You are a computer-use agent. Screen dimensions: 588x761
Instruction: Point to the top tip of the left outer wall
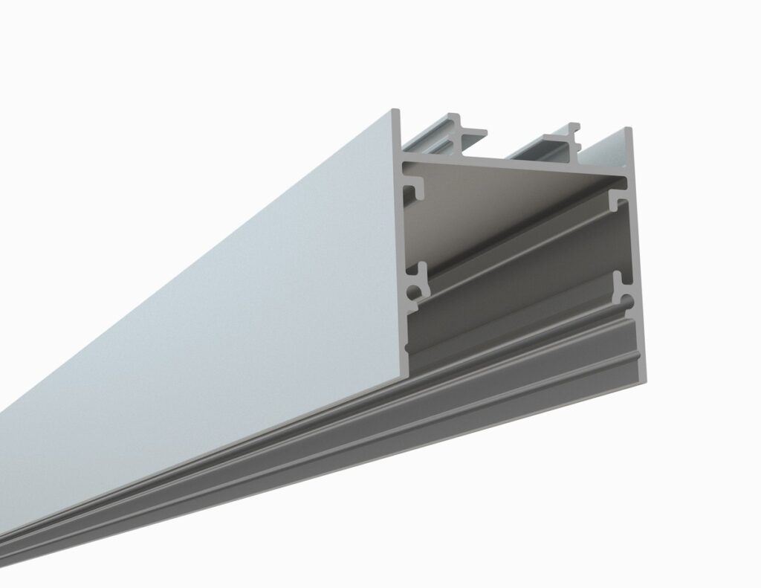pyautogui.click(x=396, y=112)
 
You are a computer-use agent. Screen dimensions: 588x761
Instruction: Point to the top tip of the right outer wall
pyautogui.click(x=627, y=131)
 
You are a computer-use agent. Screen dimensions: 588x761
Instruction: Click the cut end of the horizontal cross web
pyautogui.click(x=513, y=166)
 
